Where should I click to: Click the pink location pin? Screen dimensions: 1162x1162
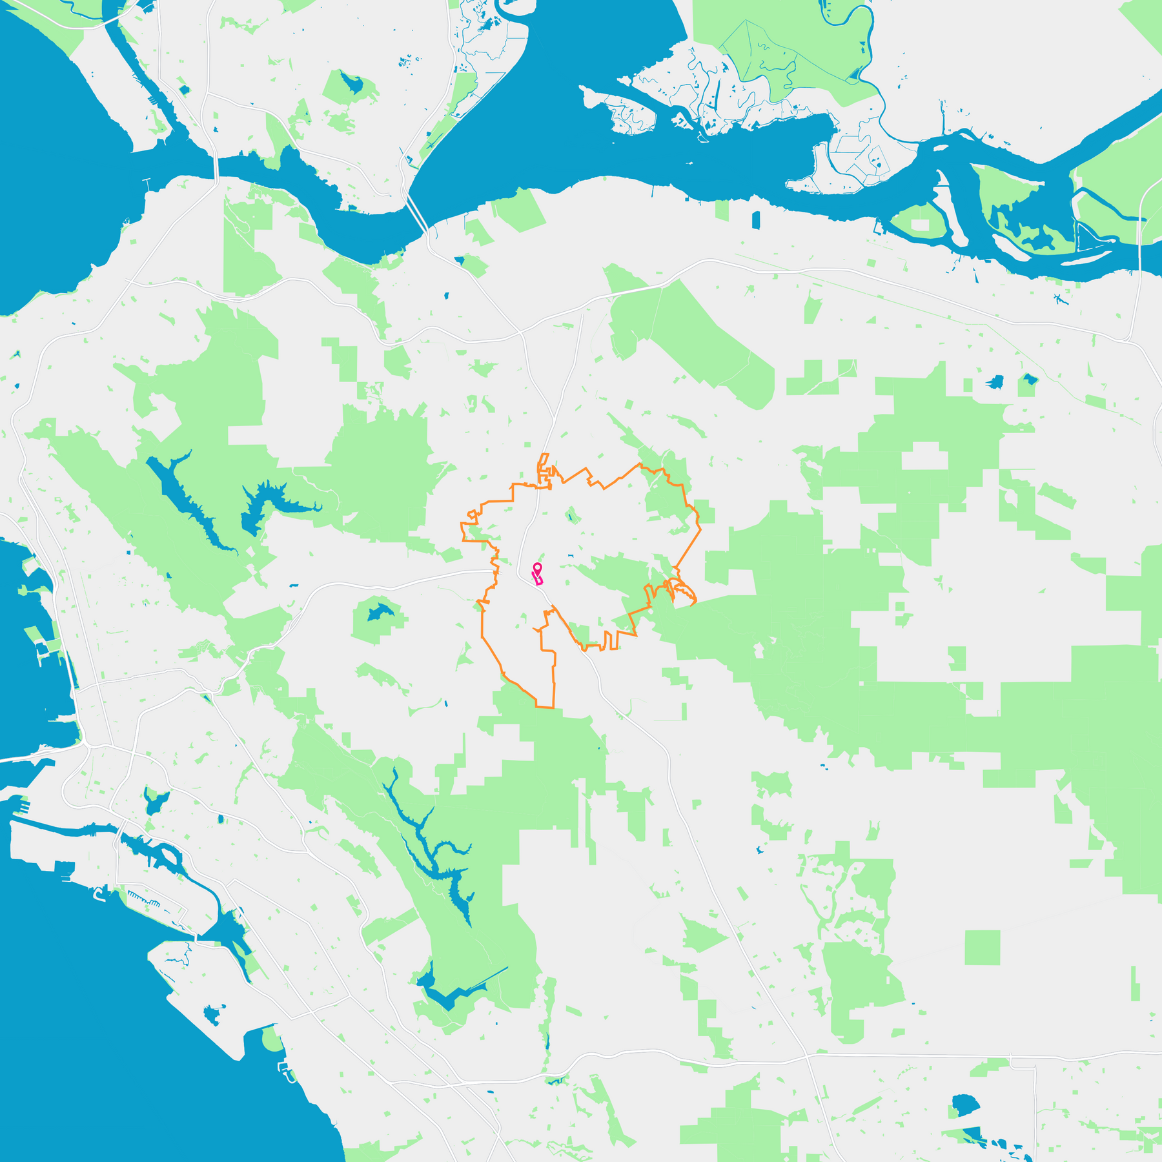point(536,567)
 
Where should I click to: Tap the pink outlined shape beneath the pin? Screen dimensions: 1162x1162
point(537,579)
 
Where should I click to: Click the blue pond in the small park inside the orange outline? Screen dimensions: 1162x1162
point(571,516)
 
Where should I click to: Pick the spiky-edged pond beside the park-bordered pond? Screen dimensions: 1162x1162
point(995,382)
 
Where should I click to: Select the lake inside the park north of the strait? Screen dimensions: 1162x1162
point(352,83)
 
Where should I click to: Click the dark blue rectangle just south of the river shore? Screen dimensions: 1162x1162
point(756,219)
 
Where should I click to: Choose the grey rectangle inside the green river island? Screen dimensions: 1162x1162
point(920,225)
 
